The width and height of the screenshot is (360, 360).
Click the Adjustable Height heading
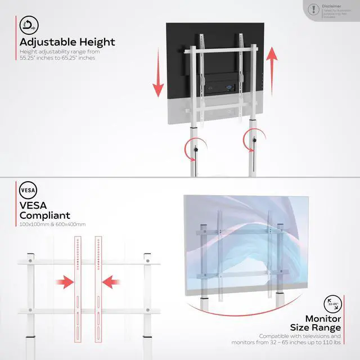coord(67,42)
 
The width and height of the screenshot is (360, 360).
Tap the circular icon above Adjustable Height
coord(28,25)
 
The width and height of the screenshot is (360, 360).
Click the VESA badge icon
coord(28,188)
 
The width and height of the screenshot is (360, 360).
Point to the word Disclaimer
coord(331,7)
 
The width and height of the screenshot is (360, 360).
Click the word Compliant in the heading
coord(45,215)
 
